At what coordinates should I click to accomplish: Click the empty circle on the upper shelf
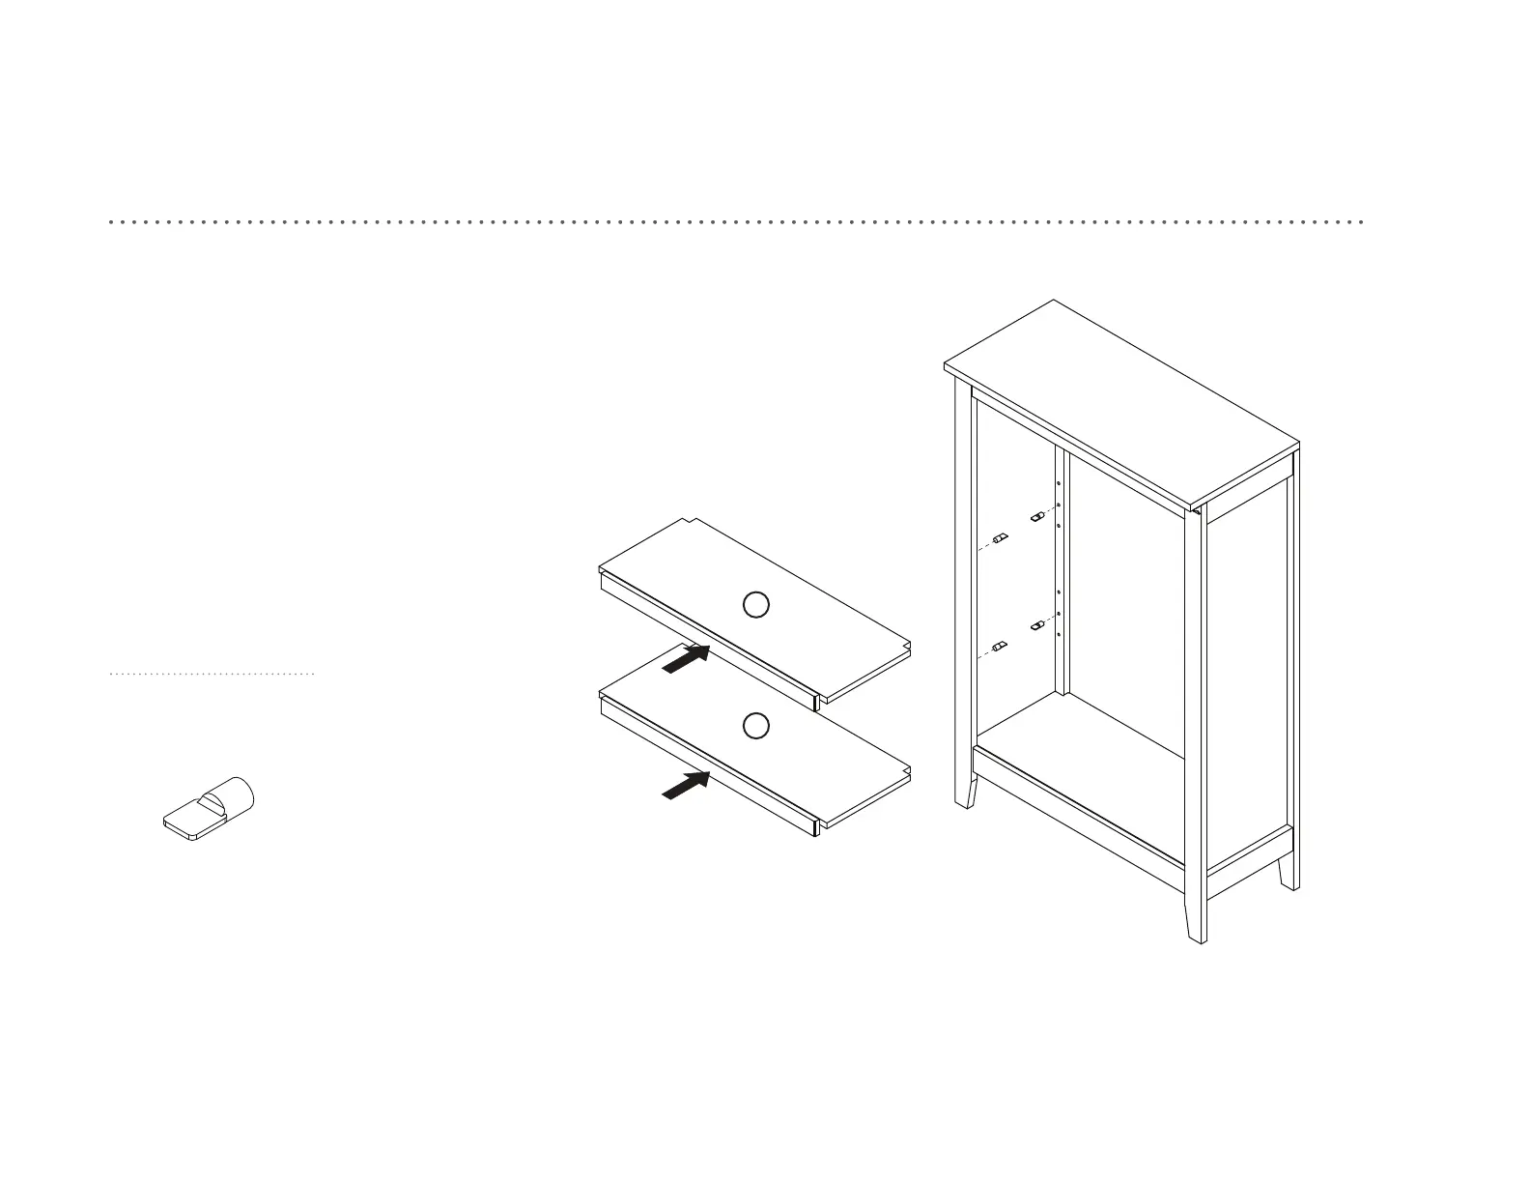point(756,605)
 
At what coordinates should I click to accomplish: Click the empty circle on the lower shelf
point(756,725)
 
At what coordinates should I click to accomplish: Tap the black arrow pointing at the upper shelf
point(687,659)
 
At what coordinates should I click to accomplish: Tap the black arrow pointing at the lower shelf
point(687,785)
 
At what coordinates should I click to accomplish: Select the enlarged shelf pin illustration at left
point(209,807)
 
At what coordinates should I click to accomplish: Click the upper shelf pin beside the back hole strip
point(1038,517)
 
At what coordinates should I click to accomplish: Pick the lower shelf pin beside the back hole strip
point(1038,625)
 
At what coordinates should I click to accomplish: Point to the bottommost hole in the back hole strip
point(1060,636)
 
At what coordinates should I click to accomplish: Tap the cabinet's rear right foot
point(1289,875)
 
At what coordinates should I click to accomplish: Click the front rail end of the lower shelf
point(818,825)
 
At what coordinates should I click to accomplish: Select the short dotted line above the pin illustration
point(212,674)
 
